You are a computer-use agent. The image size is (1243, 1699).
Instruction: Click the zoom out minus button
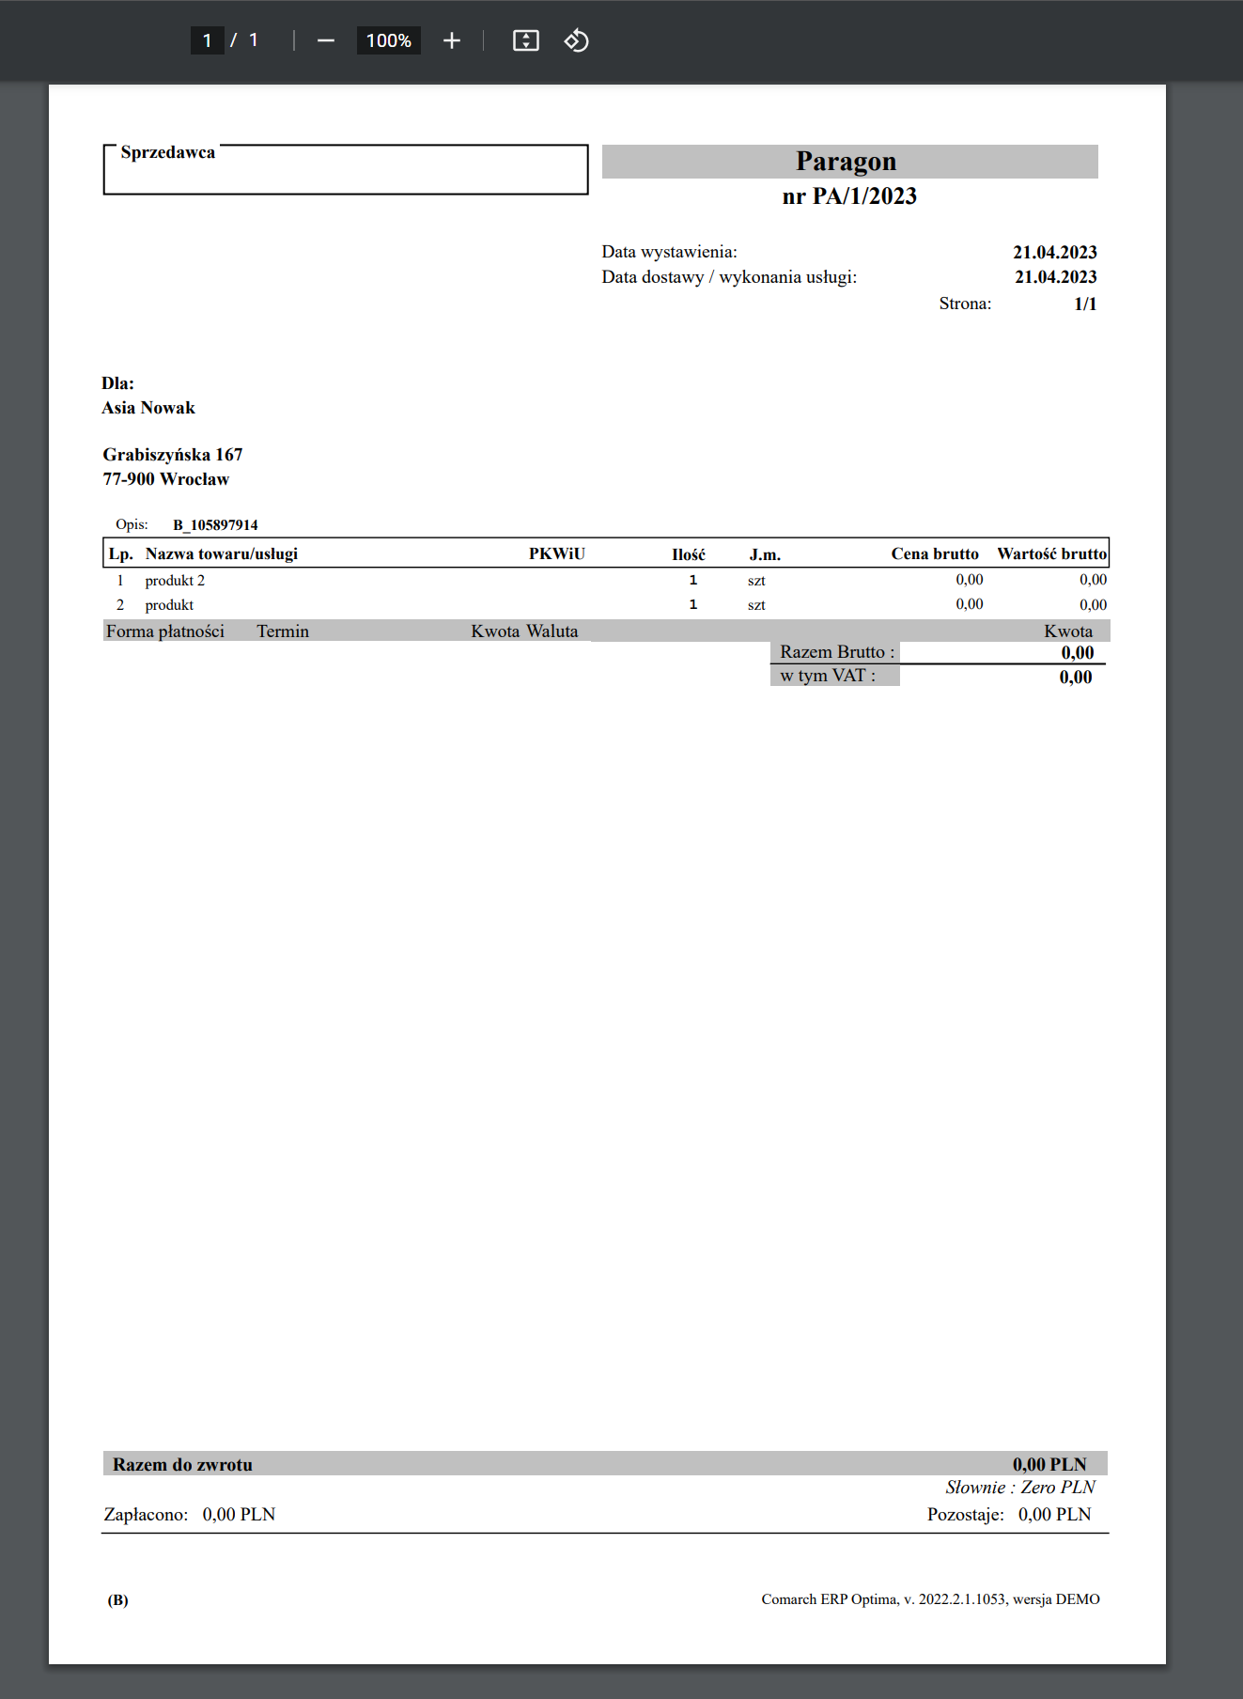(x=326, y=40)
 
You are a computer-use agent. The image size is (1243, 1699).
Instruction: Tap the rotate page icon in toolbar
(x=576, y=40)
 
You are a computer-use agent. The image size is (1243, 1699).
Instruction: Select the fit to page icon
(x=525, y=40)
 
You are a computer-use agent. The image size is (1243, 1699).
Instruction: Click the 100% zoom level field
(x=388, y=40)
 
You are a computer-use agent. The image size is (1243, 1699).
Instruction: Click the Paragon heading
(x=846, y=162)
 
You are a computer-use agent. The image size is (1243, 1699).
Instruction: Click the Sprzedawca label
(x=167, y=152)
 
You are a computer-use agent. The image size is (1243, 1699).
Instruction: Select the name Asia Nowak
(x=148, y=408)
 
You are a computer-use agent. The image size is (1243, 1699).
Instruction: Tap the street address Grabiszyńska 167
(x=173, y=455)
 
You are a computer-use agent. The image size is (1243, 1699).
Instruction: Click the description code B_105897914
(x=215, y=525)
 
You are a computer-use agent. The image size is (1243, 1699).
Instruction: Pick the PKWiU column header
(x=556, y=553)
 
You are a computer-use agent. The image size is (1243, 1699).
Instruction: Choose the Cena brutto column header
(x=934, y=553)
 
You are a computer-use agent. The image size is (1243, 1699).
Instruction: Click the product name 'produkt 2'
(x=175, y=581)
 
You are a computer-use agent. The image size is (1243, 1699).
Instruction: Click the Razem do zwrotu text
(x=182, y=1464)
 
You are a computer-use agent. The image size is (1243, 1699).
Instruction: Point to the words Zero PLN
(x=1058, y=1488)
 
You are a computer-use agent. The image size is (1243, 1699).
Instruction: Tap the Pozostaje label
(x=965, y=1515)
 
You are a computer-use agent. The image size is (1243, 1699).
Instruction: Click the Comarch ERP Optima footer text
(x=929, y=1599)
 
